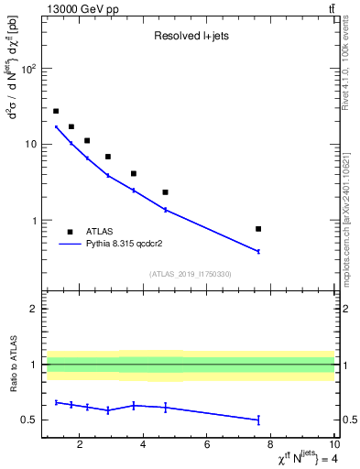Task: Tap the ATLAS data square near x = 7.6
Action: pyautogui.click(x=258, y=229)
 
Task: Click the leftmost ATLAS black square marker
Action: pyautogui.click(x=56, y=111)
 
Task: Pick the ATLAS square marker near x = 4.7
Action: pyautogui.click(x=165, y=192)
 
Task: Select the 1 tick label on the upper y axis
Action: pyautogui.click(x=33, y=221)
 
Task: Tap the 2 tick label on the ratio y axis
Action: pyautogui.click(x=33, y=309)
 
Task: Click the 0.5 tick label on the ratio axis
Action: pyautogui.click(x=28, y=420)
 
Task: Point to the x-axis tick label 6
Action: pyautogui.click(x=207, y=446)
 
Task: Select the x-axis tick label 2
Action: pyautogui.click(x=81, y=446)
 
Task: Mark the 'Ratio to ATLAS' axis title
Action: pyautogui.click(x=10, y=365)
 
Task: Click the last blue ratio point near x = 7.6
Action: pyautogui.click(x=258, y=420)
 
